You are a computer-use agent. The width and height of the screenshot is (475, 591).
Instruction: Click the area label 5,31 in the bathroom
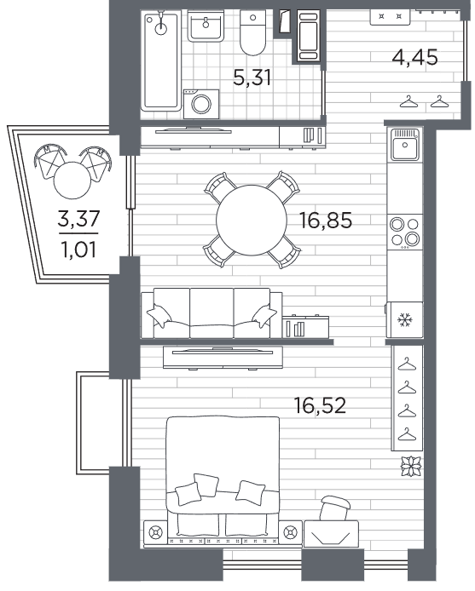tap(252, 78)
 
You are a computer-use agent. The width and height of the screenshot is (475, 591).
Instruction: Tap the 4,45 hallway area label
tap(414, 58)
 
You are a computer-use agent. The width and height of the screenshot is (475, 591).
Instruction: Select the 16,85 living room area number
tap(326, 220)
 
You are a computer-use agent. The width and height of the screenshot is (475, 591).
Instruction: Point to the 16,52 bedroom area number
tap(320, 405)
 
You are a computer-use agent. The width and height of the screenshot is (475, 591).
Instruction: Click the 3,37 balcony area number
tap(78, 219)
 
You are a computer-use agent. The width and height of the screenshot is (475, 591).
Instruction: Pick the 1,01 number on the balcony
tap(78, 250)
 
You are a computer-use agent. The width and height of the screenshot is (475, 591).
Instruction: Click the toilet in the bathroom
tap(252, 33)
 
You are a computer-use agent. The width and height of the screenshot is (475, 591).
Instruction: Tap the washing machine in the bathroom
tap(201, 104)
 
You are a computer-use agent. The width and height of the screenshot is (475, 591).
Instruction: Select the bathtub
tap(161, 60)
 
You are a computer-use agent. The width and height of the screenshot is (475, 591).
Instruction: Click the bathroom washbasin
tap(206, 26)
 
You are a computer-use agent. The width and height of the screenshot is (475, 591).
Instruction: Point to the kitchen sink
tap(405, 145)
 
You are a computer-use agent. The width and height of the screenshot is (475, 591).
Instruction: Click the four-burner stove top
tap(405, 232)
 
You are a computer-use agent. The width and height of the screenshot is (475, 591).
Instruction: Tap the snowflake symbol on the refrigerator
tap(405, 320)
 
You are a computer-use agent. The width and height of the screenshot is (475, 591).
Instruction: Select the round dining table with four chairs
tap(252, 220)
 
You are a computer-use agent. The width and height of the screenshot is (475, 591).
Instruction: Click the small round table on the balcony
tap(72, 181)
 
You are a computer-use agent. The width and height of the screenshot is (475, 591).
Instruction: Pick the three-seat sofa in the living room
tap(211, 313)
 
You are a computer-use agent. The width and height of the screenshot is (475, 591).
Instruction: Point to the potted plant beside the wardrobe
tap(411, 466)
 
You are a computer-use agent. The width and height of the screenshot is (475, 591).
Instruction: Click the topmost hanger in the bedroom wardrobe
tap(407, 364)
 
